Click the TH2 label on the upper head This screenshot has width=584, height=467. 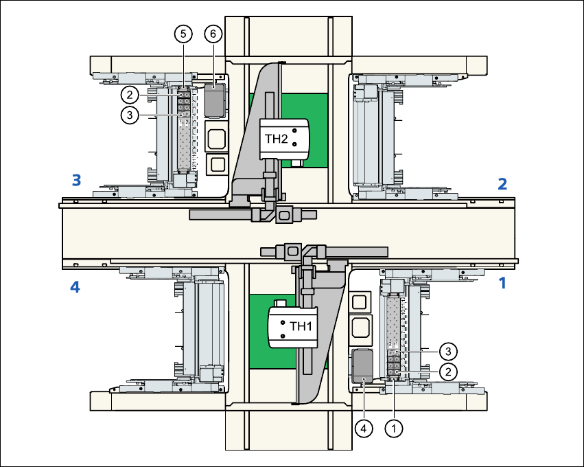tap(276, 138)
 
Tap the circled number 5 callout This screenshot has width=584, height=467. tap(183, 33)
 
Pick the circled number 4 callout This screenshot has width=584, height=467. tap(364, 428)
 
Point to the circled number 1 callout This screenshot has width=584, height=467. tap(393, 428)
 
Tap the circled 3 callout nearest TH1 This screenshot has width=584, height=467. tap(447, 351)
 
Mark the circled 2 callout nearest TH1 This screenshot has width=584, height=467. tap(447, 372)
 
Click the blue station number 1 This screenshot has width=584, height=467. tap(502, 282)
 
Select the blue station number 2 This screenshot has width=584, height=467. tap(502, 183)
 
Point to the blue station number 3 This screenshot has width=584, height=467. tap(77, 181)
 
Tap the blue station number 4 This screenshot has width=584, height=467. tap(75, 288)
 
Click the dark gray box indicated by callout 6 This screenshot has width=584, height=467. tap(215, 100)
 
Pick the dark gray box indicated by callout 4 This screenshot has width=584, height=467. tap(362, 365)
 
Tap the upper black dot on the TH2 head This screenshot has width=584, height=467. tap(294, 130)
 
